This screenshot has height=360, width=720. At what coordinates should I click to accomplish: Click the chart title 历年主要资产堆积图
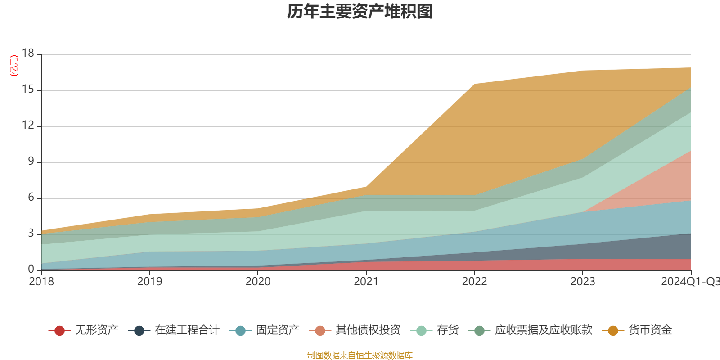[360, 12]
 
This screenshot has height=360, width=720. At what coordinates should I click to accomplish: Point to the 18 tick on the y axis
[28, 54]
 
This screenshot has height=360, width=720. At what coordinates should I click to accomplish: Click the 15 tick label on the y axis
[28, 90]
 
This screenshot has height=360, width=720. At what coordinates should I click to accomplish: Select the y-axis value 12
[28, 126]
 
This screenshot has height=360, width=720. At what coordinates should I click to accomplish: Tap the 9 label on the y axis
[31, 162]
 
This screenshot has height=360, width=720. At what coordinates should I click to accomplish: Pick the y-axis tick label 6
[31, 198]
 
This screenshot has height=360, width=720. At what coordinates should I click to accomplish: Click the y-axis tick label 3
[31, 234]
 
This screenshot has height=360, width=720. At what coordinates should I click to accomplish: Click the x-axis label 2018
[41, 282]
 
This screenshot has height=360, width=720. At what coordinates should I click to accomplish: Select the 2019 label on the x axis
[150, 282]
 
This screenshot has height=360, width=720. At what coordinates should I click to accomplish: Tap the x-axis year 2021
[366, 282]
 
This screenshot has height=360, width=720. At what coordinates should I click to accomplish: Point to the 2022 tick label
[475, 282]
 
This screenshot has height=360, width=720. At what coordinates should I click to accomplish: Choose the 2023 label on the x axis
[583, 282]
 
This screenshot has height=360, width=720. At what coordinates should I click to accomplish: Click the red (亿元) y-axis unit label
[14, 66]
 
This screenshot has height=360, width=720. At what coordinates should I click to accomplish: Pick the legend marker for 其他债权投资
[320, 331]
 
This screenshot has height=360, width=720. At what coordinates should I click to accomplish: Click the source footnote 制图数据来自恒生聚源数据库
[360, 355]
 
